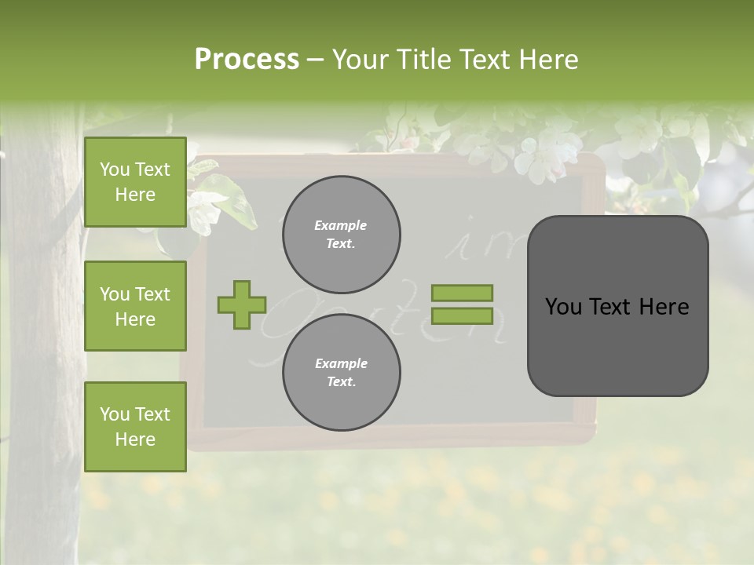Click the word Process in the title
[247, 60]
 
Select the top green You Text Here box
[135, 182]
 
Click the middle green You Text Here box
[135, 306]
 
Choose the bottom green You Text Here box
[135, 427]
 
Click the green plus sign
[242, 304]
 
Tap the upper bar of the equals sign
[462, 293]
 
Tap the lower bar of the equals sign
[462, 316]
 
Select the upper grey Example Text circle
[341, 235]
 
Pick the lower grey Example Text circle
[341, 372]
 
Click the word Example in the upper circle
[340, 226]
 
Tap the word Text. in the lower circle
[341, 382]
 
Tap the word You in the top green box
[115, 169]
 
